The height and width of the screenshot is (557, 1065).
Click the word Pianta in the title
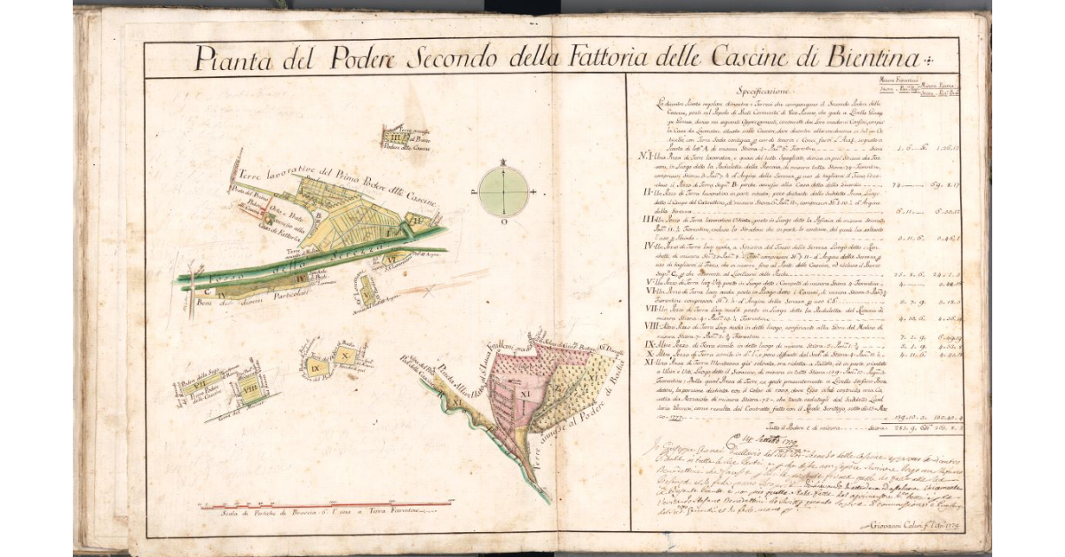(228, 60)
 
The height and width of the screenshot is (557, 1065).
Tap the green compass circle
(502, 190)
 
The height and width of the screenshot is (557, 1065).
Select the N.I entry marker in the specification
(647, 155)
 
